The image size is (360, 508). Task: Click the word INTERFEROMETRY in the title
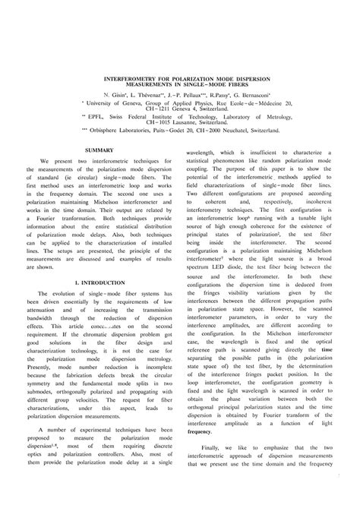point(128,77)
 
